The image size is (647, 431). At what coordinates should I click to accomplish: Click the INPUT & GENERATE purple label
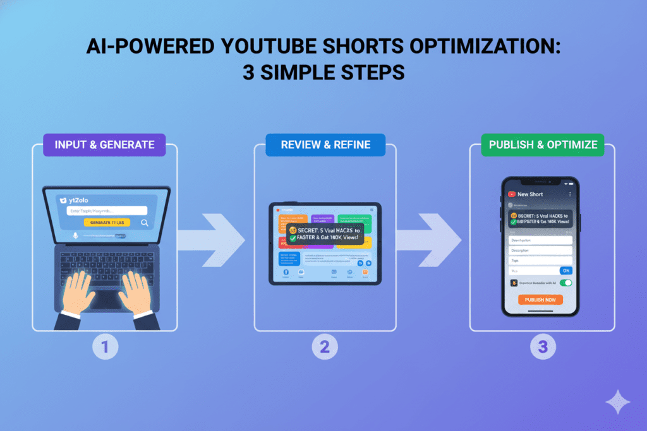coord(105,145)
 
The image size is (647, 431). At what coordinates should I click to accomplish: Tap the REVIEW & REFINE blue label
coord(325,145)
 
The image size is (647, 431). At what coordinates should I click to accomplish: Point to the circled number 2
coord(325,346)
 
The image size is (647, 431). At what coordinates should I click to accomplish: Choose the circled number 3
coord(542,346)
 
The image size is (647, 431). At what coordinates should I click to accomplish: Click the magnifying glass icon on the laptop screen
coord(145,223)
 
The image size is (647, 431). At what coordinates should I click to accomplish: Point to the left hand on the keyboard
coord(79,294)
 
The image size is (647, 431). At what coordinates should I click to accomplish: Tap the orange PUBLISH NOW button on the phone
coord(540,300)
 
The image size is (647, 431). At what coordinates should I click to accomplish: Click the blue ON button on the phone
coord(566,270)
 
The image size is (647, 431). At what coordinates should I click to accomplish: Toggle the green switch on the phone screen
coord(565,283)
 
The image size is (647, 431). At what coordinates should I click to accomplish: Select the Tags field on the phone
coord(540,260)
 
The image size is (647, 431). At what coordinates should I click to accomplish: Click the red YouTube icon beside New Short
coord(512,194)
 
